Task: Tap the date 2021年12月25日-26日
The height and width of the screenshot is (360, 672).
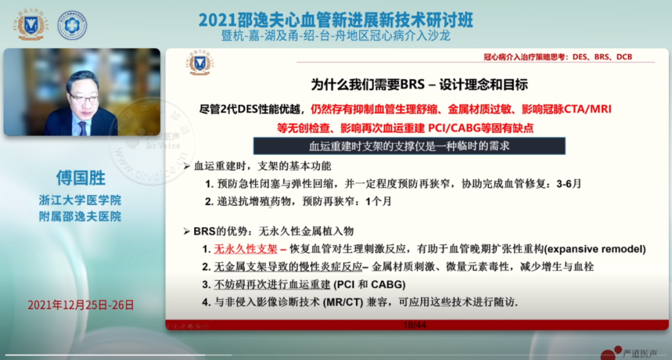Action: [81, 305]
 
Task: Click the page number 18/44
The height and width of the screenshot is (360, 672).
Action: [414, 325]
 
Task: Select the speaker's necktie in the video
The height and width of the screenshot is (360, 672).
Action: [82, 127]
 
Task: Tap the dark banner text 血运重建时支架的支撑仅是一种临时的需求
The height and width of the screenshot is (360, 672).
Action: [409, 147]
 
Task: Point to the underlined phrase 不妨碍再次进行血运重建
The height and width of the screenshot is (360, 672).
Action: [272, 284]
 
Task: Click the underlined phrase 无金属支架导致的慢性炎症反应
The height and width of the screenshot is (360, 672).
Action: [287, 267]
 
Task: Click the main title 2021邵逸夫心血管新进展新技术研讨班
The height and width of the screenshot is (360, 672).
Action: [336, 19]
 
